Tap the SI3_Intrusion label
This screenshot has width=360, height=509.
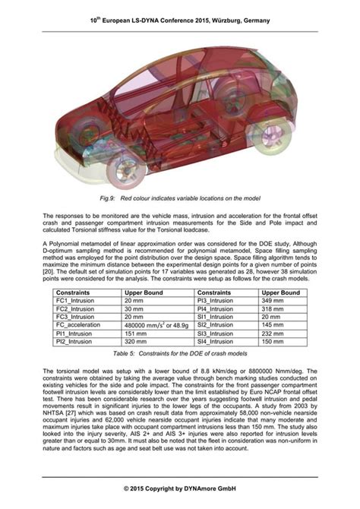[x=216, y=334]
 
